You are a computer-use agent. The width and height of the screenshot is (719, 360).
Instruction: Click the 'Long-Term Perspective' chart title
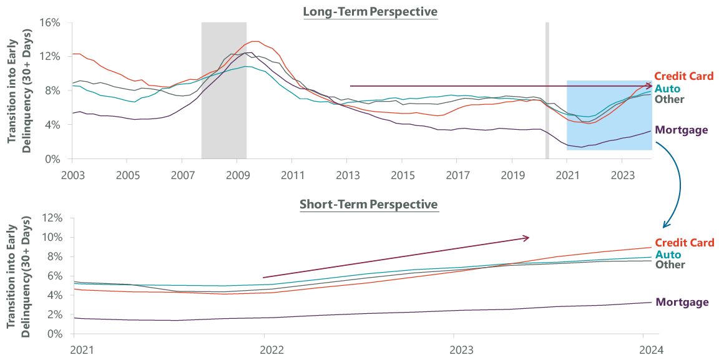point(370,12)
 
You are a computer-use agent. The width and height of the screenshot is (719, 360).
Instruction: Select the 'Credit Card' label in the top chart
point(683,76)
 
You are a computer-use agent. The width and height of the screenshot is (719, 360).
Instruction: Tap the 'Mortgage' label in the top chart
point(682,130)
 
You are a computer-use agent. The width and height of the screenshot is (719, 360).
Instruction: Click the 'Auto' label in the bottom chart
point(668,255)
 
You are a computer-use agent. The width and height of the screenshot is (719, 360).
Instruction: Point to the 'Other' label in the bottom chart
point(670,265)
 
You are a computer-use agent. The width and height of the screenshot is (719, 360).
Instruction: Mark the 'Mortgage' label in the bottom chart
point(682,303)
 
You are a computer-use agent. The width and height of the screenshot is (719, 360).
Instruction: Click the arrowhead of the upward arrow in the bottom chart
point(526,238)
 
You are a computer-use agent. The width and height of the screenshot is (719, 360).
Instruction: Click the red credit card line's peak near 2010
point(255,41)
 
